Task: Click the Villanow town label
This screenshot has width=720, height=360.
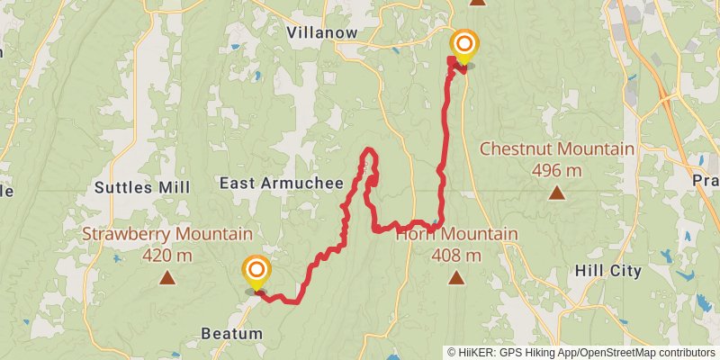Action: [x=321, y=32]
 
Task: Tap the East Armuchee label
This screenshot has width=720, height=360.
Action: [x=282, y=184]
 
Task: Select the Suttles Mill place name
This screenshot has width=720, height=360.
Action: [x=142, y=188]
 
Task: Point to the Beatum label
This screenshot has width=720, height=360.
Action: [x=232, y=334]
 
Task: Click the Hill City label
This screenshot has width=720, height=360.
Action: [x=607, y=270]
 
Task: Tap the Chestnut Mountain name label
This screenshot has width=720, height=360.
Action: [x=557, y=149]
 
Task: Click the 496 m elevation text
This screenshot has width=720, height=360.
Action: [x=557, y=170]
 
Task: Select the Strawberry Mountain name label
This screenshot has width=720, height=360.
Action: [x=166, y=235]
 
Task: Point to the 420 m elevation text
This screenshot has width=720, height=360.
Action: [x=166, y=255]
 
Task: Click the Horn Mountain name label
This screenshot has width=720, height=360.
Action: [x=457, y=235]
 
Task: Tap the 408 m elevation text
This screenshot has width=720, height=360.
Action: [x=457, y=255]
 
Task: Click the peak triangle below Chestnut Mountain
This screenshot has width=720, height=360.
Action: [x=557, y=193]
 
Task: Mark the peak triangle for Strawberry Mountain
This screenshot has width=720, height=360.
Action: [x=166, y=277]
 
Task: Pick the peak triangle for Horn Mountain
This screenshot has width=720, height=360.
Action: [x=457, y=277]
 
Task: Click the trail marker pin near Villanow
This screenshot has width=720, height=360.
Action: [x=464, y=44]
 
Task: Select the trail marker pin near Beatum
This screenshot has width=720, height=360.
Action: [x=256, y=270]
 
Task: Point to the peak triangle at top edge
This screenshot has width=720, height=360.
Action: [x=478, y=2]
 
